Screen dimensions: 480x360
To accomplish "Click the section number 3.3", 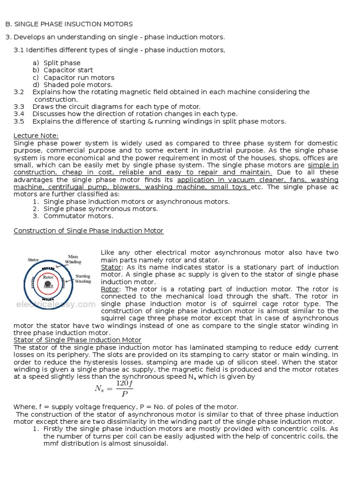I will tap(19, 106).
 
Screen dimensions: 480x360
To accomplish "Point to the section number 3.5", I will tap(19, 121).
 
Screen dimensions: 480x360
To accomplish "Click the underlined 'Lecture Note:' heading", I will tap(36, 136).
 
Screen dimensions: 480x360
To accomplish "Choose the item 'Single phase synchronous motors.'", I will tap(100, 209).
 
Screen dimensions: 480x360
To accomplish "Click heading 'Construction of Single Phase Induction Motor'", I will tap(89, 231).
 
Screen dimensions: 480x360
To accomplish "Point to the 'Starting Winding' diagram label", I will tap(83, 279).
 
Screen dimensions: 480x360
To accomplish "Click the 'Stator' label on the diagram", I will tap(33, 259).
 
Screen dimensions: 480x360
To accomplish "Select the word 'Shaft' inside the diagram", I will tap(49, 285).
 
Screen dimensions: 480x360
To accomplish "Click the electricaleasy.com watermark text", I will tap(55, 304).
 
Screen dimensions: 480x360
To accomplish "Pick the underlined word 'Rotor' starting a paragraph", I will tap(109, 289).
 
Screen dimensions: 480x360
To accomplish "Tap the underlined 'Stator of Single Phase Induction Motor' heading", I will tap(77, 340).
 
